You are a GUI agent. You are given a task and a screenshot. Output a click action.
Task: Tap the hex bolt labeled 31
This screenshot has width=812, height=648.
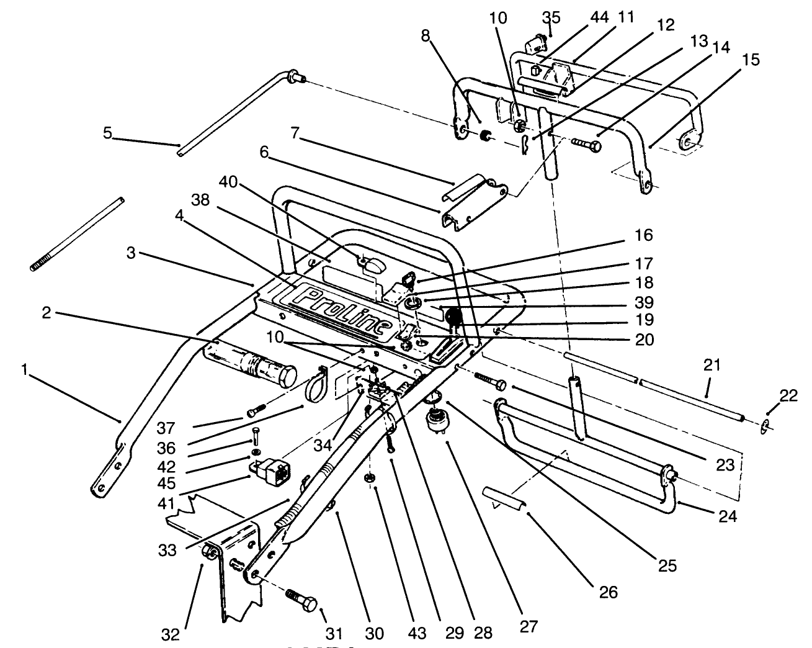tap(302, 601)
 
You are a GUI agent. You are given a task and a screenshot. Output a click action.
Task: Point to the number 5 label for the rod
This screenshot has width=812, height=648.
tap(108, 133)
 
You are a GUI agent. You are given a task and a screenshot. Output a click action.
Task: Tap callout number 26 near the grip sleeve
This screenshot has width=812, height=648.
tap(609, 593)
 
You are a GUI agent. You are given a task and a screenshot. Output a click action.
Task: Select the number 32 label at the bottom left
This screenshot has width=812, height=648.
tap(171, 634)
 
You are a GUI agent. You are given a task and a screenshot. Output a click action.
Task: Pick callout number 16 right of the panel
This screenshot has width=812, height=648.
tap(644, 235)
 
